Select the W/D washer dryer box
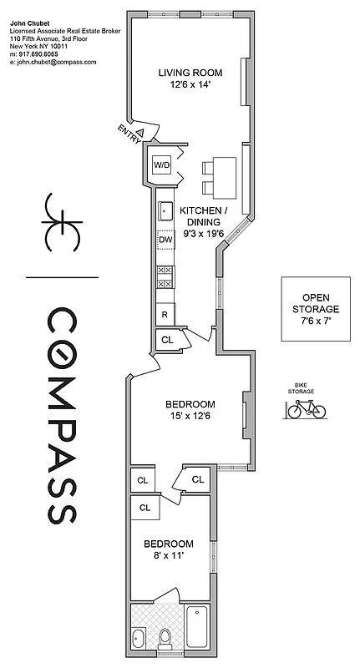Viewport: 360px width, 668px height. click(x=160, y=165)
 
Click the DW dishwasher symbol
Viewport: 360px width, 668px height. click(x=165, y=240)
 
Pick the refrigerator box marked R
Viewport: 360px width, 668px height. click(x=165, y=315)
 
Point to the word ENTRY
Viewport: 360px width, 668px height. click(x=129, y=134)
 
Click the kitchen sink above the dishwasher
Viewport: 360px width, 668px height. click(x=165, y=209)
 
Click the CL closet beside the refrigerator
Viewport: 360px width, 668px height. click(x=166, y=340)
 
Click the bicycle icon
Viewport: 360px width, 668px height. click(x=306, y=408)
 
